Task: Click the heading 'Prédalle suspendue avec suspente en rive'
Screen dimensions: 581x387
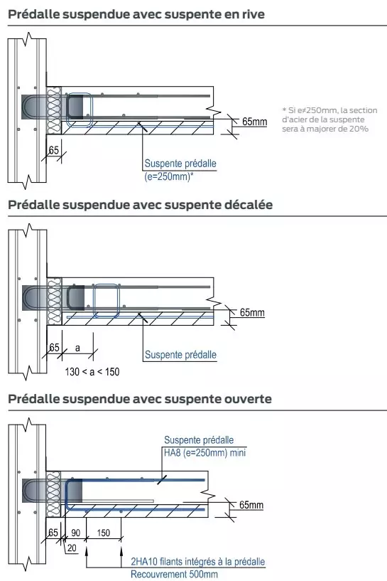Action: (136, 14)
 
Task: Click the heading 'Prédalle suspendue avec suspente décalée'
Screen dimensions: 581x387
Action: (140, 205)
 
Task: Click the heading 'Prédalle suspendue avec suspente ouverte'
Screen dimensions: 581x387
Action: (139, 399)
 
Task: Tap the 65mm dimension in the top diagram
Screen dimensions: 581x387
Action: (254, 122)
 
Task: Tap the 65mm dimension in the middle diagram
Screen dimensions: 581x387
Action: (251, 312)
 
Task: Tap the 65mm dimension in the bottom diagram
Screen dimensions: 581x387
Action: (251, 506)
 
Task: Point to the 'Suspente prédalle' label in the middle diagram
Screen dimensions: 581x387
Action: (180, 354)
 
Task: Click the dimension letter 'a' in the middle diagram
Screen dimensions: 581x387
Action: (77, 348)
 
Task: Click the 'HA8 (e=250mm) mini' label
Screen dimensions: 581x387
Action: (205, 452)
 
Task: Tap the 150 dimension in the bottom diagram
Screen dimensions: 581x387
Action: (103, 533)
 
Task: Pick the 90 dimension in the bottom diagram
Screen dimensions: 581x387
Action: (75, 533)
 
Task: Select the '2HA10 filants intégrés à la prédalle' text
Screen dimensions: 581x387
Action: (197, 561)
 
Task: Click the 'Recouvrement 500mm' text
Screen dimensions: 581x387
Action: (174, 574)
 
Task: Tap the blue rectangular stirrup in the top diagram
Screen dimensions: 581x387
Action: (78, 109)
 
